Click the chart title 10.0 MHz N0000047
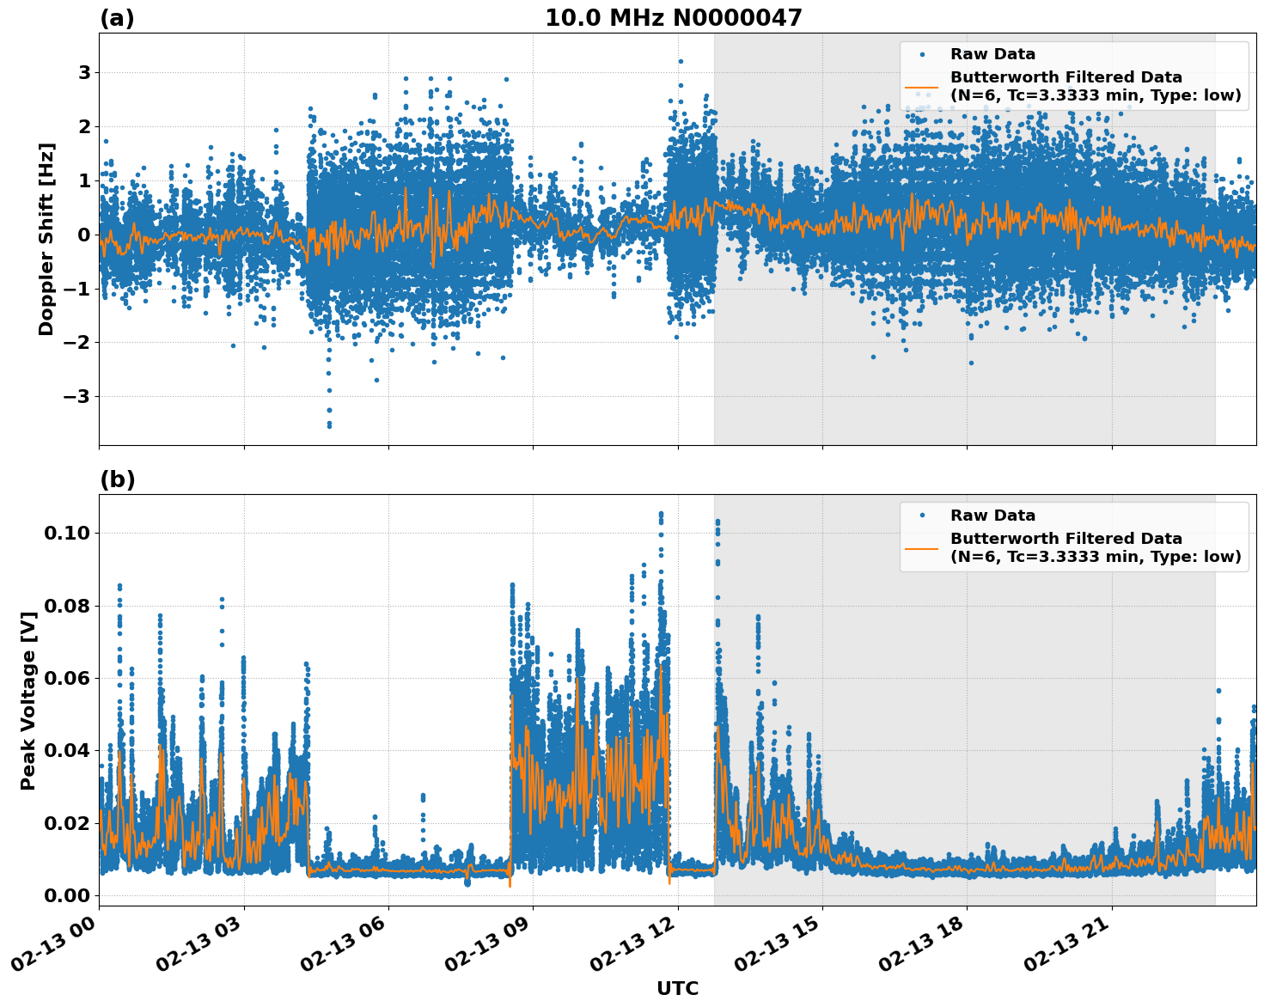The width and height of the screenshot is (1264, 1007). point(673,18)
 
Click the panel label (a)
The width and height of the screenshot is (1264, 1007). point(117,18)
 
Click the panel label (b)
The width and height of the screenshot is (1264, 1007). point(117,479)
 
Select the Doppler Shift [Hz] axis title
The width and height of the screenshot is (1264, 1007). point(46,239)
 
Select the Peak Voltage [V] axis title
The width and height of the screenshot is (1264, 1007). point(28,700)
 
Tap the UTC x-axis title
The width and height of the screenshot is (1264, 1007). point(677,988)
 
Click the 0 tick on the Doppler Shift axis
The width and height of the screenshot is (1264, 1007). point(84,235)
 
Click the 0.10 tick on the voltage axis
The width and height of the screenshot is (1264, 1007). point(66,534)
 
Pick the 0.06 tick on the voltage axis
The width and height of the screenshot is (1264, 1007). point(66,679)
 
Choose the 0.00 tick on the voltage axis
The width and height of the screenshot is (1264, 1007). point(66,895)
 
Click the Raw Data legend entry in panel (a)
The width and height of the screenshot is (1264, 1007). point(992,54)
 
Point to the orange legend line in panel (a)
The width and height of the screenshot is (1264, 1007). point(921,86)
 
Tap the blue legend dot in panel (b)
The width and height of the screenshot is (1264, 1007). point(921,516)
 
